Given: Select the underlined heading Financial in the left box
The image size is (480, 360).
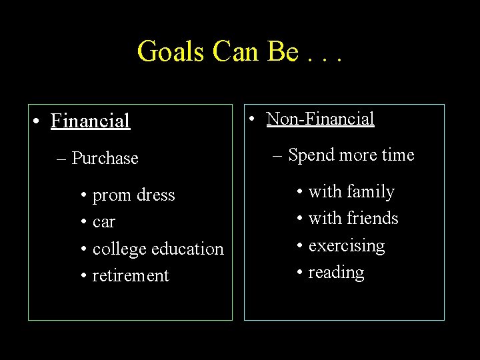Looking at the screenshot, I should (x=90, y=121).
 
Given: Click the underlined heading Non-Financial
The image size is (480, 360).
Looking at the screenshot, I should (x=320, y=119).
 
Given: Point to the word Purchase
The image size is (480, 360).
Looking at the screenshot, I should (x=105, y=159).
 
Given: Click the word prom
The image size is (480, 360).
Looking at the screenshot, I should (x=112, y=196).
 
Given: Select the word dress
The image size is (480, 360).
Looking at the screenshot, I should (x=155, y=195).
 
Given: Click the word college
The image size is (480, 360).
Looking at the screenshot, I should (x=121, y=249).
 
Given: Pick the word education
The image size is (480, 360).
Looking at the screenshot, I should (x=188, y=249).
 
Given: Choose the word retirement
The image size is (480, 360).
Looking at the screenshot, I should (x=131, y=276).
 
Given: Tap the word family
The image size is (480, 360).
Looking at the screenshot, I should (x=370, y=192).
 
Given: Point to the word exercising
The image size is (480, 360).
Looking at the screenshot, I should (x=347, y=246).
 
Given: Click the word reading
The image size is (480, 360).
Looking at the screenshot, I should (x=337, y=273).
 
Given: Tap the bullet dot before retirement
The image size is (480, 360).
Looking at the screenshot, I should (x=85, y=276).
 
